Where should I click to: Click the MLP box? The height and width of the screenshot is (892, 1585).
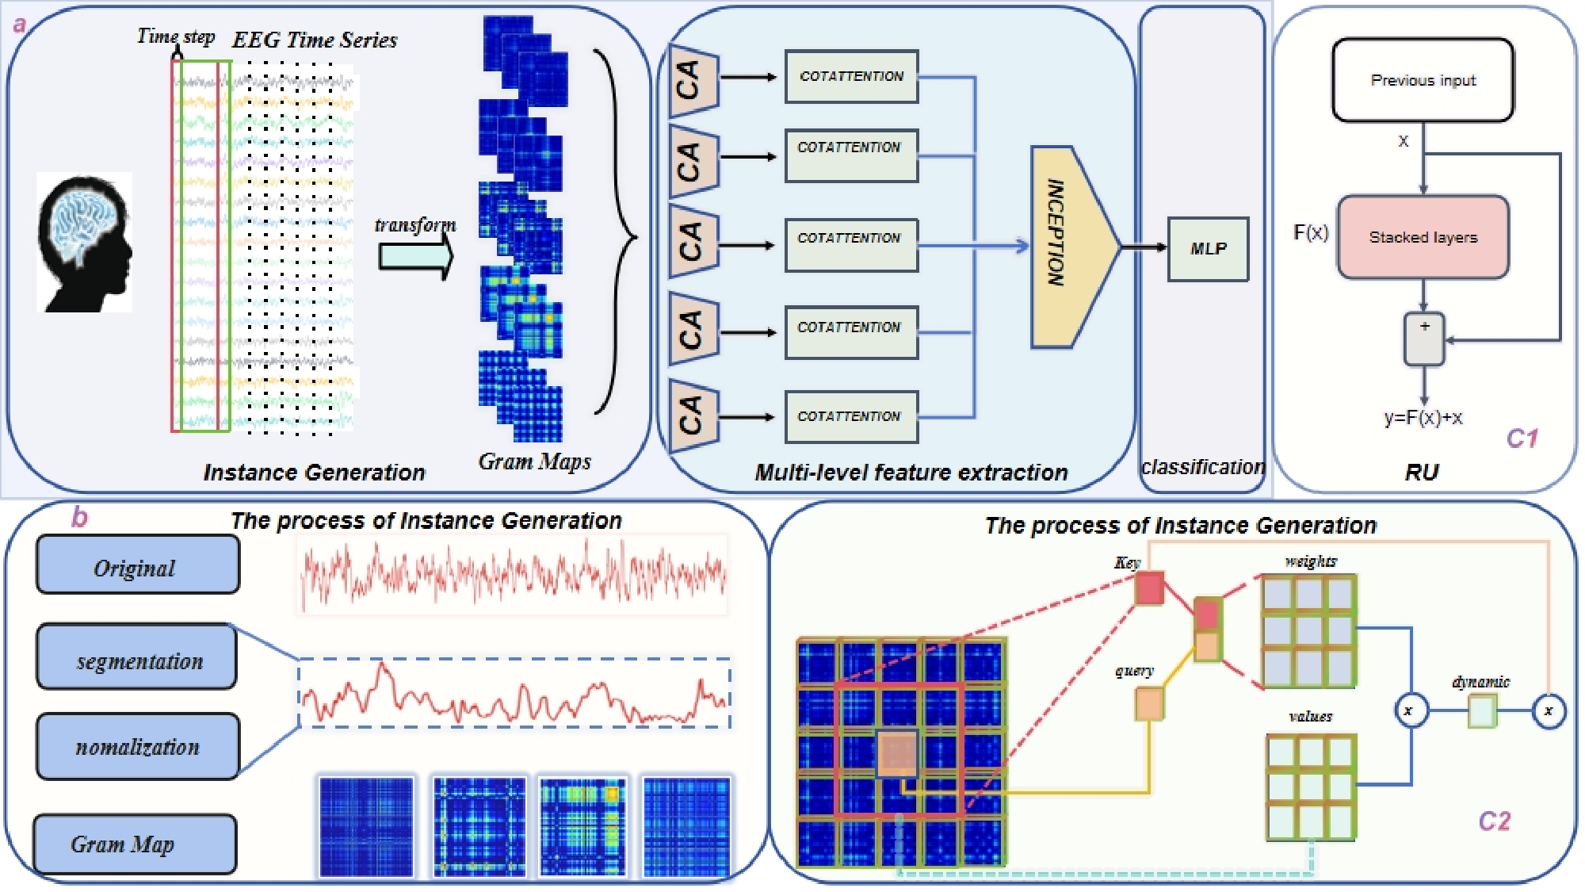click(1208, 249)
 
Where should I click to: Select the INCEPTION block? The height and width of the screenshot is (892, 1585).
click(1070, 247)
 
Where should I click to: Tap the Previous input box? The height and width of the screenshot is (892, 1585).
click(1423, 80)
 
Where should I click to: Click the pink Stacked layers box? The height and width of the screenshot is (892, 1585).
click(1423, 237)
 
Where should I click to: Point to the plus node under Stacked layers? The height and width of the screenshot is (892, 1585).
click(1424, 339)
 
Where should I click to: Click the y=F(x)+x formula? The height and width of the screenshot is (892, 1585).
click(1423, 418)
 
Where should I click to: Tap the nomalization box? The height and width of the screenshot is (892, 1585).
click(137, 746)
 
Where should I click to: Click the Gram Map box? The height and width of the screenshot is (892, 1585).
click(135, 844)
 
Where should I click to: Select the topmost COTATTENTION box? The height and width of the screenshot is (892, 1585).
click(852, 77)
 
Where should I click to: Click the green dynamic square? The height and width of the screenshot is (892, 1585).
click(1482, 711)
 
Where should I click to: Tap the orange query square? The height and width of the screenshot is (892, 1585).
click(1149, 704)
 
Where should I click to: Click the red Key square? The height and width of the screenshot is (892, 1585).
click(1149, 588)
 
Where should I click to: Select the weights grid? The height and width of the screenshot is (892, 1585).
click(1308, 631)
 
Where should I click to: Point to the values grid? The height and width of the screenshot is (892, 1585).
click(1311, 787)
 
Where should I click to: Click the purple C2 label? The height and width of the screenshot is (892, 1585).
click(1495, 821)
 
